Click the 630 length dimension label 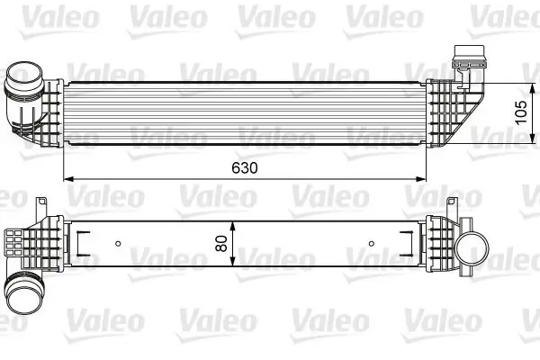pyautogui.click(x=244, y=168)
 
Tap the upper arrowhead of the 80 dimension pyautogui.click(x=234, y=221)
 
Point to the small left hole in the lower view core pyautogui.click(x=119, y=242)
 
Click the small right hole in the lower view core pyautogui.click(x=373, y=242)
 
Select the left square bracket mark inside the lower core pyautogui.click(x=79, y=242)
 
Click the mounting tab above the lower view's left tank pyautogui.click(x=42, y=208)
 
